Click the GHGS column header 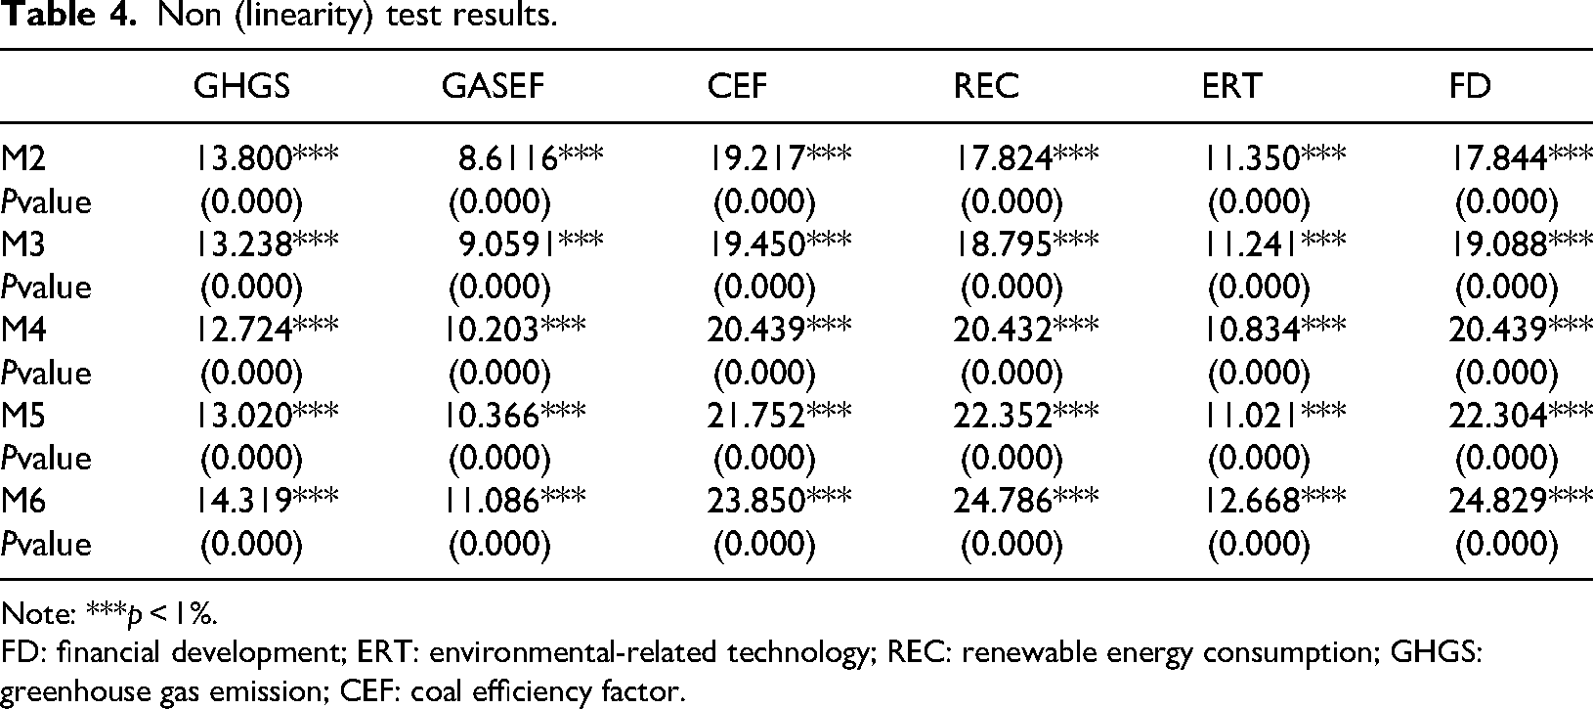coord(241,86)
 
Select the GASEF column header coord(493,86)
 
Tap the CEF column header coord(738,86)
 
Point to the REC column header coord(986,86)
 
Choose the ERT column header coord(1232,86)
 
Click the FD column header coord(1470,86)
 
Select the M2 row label coord(23,158)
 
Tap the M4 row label coord(23,330)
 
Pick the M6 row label coord(23,501)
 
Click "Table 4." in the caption coord(68,15)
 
